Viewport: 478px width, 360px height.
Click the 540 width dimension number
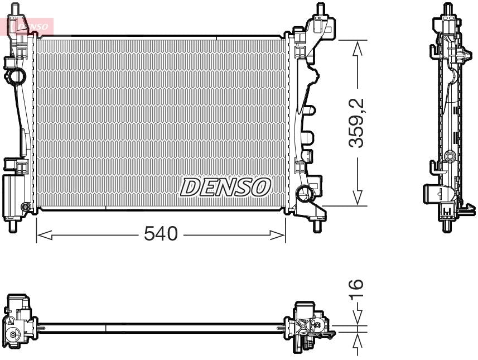tap(160, 234)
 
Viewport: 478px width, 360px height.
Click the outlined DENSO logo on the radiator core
tap(225, 188)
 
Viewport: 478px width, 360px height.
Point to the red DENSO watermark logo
tap(30, 26)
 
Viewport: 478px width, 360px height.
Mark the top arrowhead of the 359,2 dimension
tap(358, 47)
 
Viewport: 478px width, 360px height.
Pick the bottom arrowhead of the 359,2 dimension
tap(358, 198)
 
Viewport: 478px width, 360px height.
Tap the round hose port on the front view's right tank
tap(304, 194)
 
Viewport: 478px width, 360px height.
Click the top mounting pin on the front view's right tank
tap(320, 9)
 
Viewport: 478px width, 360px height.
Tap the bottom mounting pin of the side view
tap(447, 225)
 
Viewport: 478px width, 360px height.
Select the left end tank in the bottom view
tap(18, 324)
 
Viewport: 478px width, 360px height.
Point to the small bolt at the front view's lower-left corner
tap(25, 208)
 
